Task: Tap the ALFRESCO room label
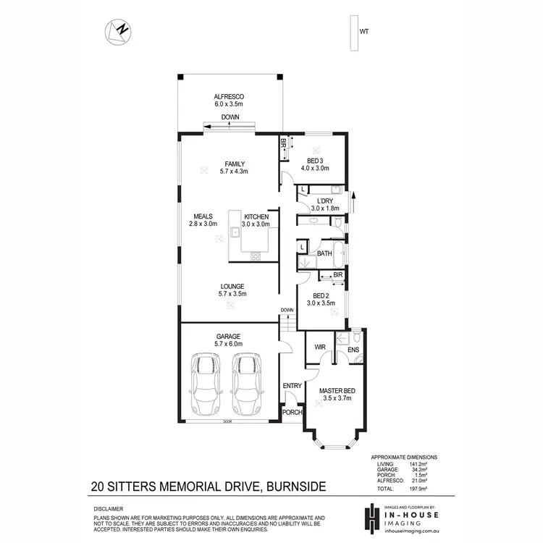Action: click(x=227, y=96)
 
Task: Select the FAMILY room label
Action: click(x=235, y=164)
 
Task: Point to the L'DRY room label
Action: click(x=324, y=201)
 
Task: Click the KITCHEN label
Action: click(x=256, y=216)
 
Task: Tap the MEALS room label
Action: click(x=202, y=216)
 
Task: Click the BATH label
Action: click(x=324, y=253)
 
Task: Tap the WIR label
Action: click(x=320, y=348)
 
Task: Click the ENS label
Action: click(x=353, y=350)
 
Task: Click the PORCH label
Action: click(x=292, y=413)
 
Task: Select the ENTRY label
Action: click(x=292, y=385)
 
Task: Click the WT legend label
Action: click(x=364, y=31)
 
